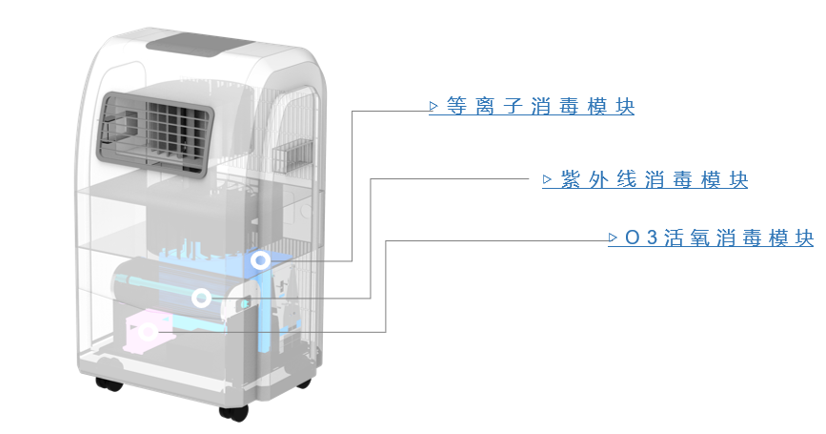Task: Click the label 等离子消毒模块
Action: pyautogui.click(x=540, y=107)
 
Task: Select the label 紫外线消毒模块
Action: pyautogui.click(x=655, y=180)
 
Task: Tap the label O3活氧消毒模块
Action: pyautogui.click(x=719, y=238)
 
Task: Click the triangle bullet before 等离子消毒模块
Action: pyautogui.click(x=433, y=107)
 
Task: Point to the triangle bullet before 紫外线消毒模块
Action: pyautogui.click(x=547, y=180)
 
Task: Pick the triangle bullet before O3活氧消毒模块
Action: pyautogui.click(x=613, y=238)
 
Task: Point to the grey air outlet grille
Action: pyautogui.click(x=155, y=134)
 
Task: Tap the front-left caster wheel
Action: pyautogui.click(x=109, y=383)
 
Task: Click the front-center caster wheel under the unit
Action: pyautogui.click(x=233, y=413)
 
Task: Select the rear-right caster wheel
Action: pyautogui.click(x=304, y=383)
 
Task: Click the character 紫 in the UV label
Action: pyautogui.click(x=570, y=180)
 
